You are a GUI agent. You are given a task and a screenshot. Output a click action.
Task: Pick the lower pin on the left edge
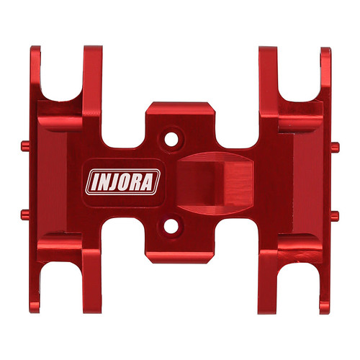point(24,213)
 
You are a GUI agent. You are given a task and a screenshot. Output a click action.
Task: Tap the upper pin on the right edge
point(335,146)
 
